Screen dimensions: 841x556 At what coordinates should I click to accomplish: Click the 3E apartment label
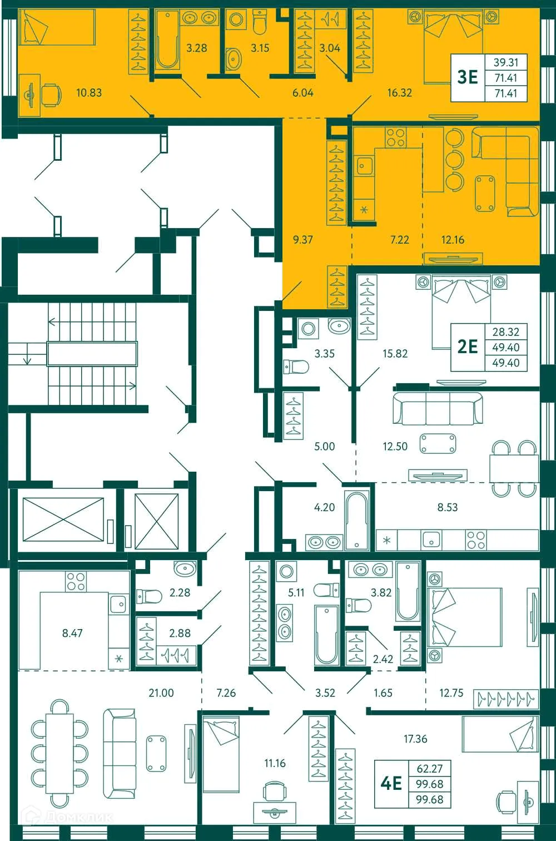click(x=468, y=77)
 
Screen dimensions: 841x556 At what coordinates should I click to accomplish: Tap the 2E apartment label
click(x=468, y=347)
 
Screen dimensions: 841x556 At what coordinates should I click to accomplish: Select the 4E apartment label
click(x=391, y=783)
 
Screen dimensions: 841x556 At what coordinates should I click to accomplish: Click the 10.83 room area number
click(x=89, y=93)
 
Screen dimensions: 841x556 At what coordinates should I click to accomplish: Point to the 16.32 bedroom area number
click(x=400, y=93)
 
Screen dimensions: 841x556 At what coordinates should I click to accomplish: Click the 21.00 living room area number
click(x=161, y=693)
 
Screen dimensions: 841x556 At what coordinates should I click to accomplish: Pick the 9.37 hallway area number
click(x=303, y=240)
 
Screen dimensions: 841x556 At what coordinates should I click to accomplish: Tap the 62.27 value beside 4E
click(x=430, y=769)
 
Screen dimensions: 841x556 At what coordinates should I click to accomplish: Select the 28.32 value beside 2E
click(x=506, y=332)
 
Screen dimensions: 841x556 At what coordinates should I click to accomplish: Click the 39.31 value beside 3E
click(x=506, y=63)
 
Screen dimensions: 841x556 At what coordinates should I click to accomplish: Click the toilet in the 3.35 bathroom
click(x=296, y=367)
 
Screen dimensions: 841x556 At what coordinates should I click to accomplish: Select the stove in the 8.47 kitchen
click(x=76, y=581)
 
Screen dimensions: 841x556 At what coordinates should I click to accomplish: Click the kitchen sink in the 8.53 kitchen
click(x=431, y=539)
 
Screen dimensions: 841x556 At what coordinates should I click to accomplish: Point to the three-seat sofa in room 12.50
click(x=438, y=409)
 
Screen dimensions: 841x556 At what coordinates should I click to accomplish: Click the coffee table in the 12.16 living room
click(x=485, y=194)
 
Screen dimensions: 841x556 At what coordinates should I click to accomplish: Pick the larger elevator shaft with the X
click(x=63, y=519)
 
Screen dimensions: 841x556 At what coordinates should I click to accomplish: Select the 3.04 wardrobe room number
click(x=330, y=48)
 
